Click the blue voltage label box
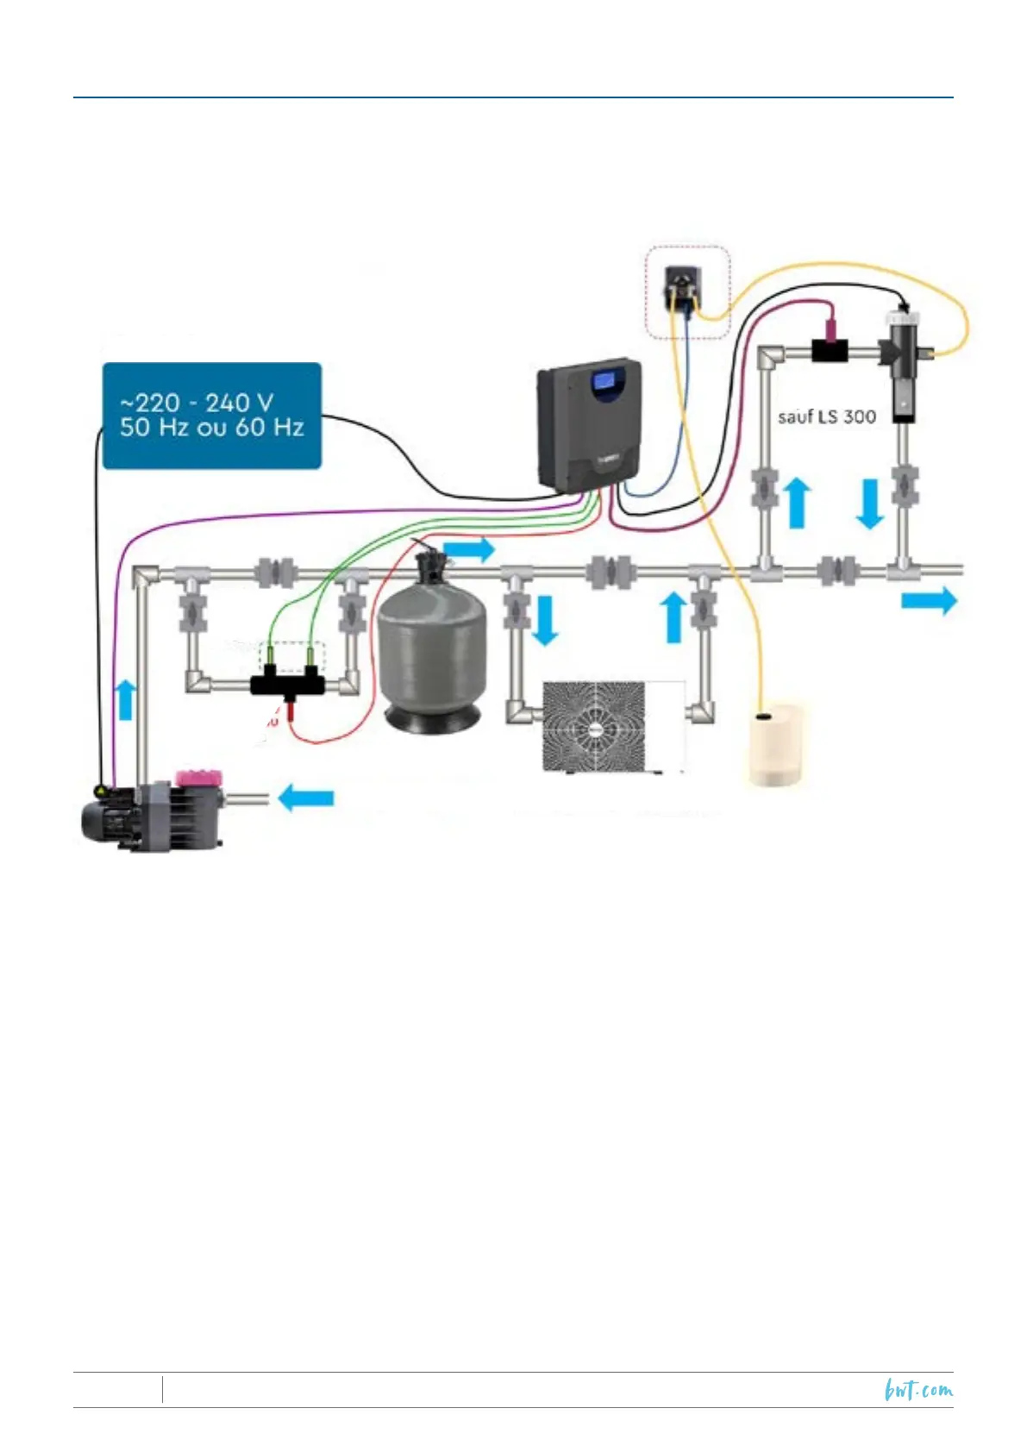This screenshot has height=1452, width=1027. coord(211,415)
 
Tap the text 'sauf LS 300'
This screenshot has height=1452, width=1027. coord(826,417)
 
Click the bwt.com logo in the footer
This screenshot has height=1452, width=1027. coord(918,1389)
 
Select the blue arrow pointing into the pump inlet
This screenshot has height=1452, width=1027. coord(306,798)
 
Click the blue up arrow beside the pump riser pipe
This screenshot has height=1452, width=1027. coord(125,698)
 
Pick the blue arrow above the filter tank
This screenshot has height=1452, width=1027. coord(469,548)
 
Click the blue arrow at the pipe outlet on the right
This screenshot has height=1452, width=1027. coord(929,600)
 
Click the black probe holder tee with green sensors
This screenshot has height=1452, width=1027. coord(288,685)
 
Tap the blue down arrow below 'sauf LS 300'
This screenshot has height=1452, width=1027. coord(869,504)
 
